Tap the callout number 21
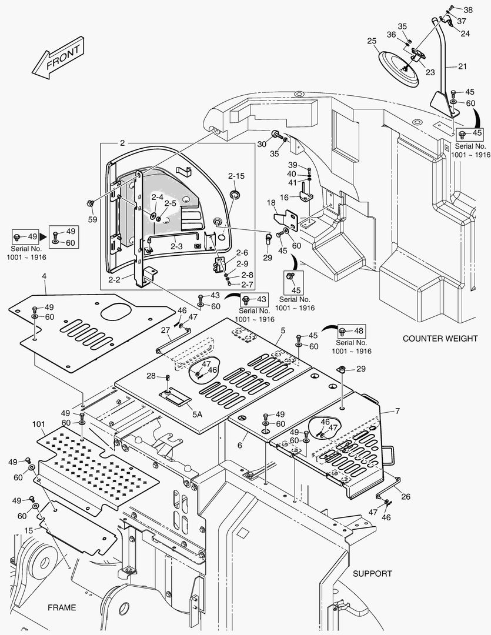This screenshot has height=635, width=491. click(462, 66)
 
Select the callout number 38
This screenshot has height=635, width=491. click(467, 10)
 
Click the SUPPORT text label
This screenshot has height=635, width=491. click(372, 573)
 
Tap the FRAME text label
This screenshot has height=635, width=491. click(62, 607)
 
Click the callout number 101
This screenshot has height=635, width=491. click(39, 423)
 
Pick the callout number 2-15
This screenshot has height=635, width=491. click(236, 176)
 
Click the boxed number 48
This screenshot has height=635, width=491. click(358, 330)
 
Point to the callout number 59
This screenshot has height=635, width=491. click(92, 219)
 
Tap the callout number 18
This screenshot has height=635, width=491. click(271, 203)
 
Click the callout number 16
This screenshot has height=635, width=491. click(284, 198)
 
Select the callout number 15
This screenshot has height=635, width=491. click(28, 530)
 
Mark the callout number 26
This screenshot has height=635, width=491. click(406, 496)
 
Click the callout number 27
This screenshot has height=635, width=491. click(165, 330)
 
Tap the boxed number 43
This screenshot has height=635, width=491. click(262, 299)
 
